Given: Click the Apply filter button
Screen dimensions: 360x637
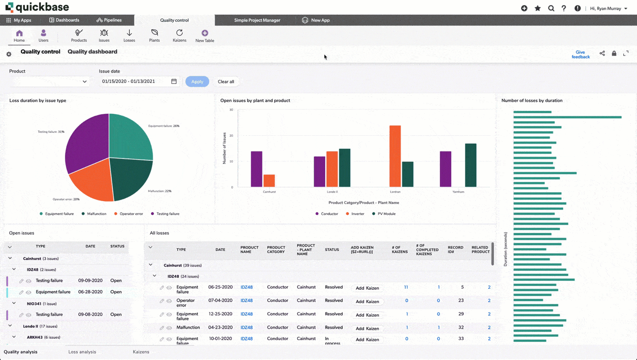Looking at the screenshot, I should tap(197, 82).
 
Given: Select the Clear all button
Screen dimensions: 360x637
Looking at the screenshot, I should tap(226, 82).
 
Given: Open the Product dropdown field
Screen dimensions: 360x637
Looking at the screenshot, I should tap(49, 82).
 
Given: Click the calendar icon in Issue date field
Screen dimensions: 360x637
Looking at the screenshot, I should tap(174, 82).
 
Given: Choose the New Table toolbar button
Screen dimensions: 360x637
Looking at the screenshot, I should tap(205, 36).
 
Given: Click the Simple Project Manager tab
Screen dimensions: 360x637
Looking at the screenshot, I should tap(257, 20).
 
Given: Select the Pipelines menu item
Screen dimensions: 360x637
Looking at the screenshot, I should tap(109, 20).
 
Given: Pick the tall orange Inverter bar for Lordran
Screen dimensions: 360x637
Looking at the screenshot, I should tap(395, 156).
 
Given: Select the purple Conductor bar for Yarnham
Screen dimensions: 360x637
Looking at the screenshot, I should tap(446, 169).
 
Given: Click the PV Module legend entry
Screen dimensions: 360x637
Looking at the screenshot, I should tap(383, 214).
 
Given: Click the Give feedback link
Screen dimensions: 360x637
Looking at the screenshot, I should tap(581, 55).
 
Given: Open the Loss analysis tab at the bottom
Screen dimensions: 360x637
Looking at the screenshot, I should tap(82, 352).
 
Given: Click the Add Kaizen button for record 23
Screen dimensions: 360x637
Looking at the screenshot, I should tap(367, 302).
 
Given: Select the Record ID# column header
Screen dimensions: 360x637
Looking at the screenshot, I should tap(455, 249).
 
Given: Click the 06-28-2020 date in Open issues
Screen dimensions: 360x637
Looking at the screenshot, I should tap(90, 292).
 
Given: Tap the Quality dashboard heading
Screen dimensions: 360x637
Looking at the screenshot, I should tap(92, 52).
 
